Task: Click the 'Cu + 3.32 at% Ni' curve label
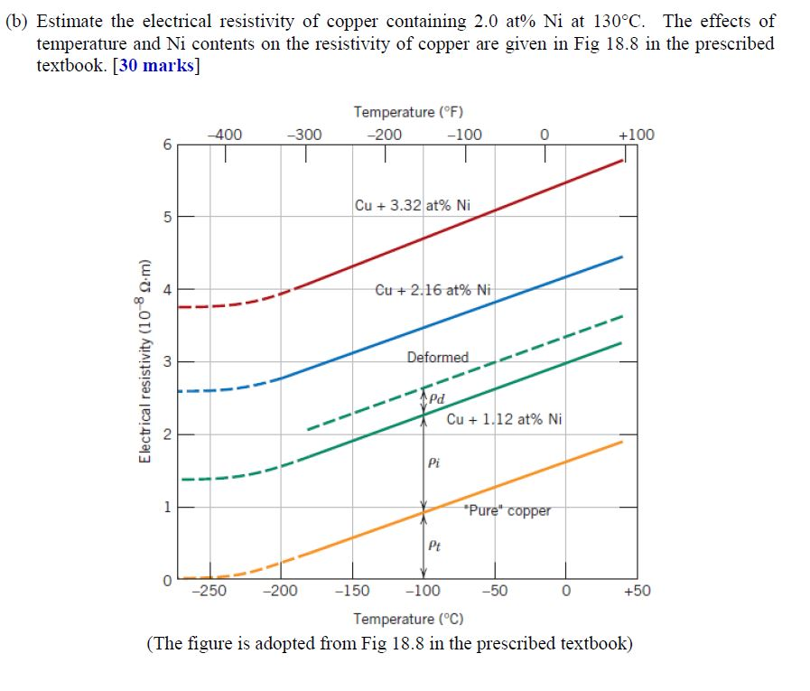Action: click(412, 205)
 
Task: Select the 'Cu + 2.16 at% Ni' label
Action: click(433, 290)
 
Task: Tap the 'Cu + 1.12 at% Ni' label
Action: click(504, 419)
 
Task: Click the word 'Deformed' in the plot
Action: click(437, 358)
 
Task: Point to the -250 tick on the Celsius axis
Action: click(209, 592)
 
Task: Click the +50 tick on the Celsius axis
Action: click(636, 592)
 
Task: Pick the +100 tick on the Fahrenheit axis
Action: click(636, 135)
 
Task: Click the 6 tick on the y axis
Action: click(165, 145)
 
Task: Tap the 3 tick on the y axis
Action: click(165, 362)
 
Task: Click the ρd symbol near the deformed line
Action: click(436, 398)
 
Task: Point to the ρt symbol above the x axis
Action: click(433, 545)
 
